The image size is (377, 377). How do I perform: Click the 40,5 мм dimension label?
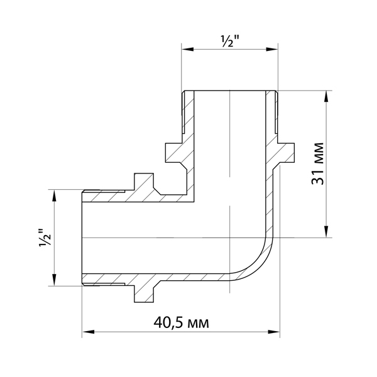pyautogui.click(x=182, y=323)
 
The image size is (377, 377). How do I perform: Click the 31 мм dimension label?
pyautogui.click(x=317, y=163)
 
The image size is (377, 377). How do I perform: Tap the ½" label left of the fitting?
pyautogui.click(x=45, y=237)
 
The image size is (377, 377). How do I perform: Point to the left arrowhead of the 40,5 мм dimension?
pyautogui.click(x=88, y=332)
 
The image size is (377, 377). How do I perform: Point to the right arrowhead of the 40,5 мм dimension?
pyautogui.click(x=274, y=332)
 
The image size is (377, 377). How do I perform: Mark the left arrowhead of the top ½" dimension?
pyautogui.click(x=187, y=49)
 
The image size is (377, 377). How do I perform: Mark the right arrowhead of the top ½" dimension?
pyautogui.click(x=272, y=49)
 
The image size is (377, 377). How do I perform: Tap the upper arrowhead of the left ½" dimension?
pyautogui.click(x=55, y=195)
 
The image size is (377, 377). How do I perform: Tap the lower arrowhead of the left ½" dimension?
pyautogui.click(x=55, y=280)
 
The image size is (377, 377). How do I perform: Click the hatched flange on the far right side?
pyautogui.click(x=286, y=153)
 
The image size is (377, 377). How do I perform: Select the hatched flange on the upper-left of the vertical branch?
pyautogui.click(x=173, y=153)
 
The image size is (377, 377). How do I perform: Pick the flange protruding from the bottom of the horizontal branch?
pyautogui.click(x=144, y=293)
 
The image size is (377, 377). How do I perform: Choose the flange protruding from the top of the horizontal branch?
pyautogui.click(x=144, y=182)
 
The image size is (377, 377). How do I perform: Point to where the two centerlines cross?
pyautogui.click(x=230, y=238)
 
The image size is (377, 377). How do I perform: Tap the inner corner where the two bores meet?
pyautogui.click(x=194, y=202)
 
